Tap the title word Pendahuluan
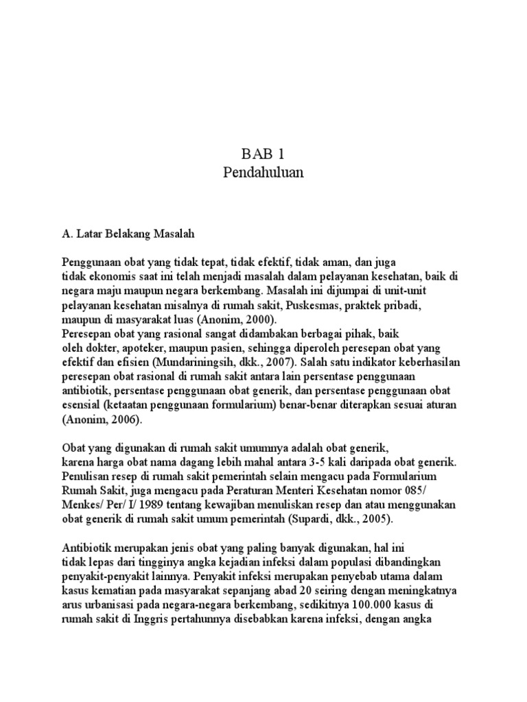pos(263,173)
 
